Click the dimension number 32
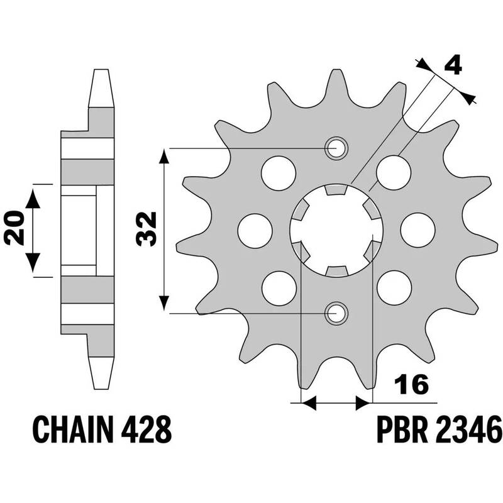coord(146,230)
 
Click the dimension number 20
coord(13,230)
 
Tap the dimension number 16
coord(411,384)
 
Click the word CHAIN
coord(69,431)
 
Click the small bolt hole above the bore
coord(336,148)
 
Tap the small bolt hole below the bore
coord(336,312)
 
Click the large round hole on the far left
coord(255,230)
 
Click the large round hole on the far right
coord(417,230)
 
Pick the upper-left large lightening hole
coord(278,172)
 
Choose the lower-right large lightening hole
coord(394,288)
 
